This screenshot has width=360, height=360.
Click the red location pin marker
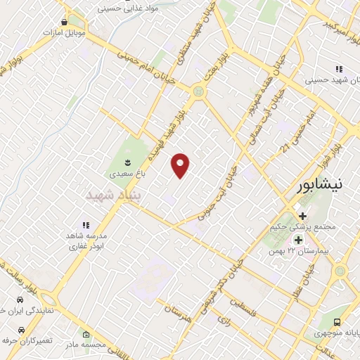coord(181,165)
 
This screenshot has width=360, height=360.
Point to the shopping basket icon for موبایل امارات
coord(64,22)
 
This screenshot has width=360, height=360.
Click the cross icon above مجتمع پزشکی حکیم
coord(303,215)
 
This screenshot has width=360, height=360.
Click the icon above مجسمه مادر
coord(86,335)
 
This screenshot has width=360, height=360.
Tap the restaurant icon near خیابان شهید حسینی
coord(338,69)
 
